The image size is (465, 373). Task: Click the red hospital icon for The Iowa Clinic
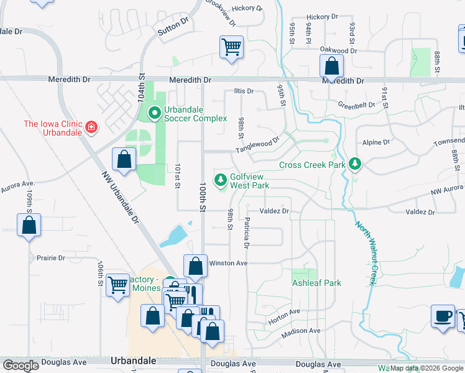(x=91, y=127)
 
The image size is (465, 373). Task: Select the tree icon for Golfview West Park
(x=220, y=180)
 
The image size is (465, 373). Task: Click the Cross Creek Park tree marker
(x=354, y=165)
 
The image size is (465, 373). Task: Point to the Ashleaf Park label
(x=316, y=283)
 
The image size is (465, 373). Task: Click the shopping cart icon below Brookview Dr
(x=231, y=47)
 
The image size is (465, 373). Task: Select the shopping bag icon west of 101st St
(x=124, y=159)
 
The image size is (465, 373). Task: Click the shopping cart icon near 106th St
(x=117, y=285)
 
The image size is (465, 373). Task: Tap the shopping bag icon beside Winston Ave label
(x=195, y=266)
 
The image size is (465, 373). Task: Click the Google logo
(x=21, y=366)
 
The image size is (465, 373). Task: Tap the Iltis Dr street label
(x=244, y=91)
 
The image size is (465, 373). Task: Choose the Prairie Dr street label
(x=51, y=258)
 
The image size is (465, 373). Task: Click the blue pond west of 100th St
(x=175, y=236)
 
